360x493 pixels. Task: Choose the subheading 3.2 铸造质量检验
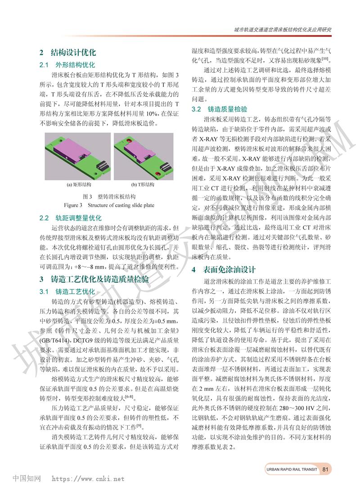(220, 109)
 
